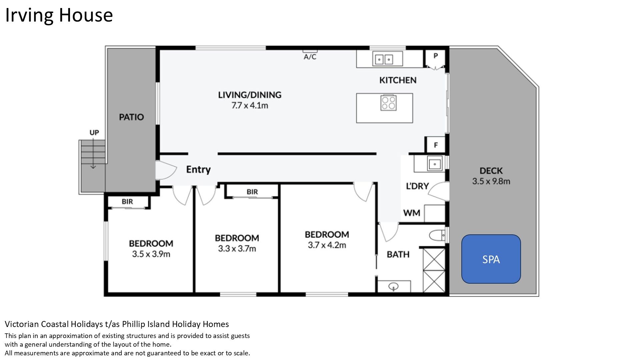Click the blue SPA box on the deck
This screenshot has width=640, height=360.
[491, 259]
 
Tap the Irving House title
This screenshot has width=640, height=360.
[59, 15]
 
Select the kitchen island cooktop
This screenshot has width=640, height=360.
[388, 103]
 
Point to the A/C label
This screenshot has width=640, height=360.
[310, 57]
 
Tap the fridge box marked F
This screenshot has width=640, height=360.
[436, 145]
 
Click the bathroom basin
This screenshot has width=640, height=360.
[394, 286]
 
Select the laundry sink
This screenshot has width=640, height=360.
[435, 164]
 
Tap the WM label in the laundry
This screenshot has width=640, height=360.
[412, 213]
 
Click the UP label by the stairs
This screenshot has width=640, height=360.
[94, 132]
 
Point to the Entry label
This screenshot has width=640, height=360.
[198, 170]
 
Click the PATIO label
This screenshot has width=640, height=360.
[131, 117]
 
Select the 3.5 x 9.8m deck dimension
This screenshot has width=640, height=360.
[491, 181]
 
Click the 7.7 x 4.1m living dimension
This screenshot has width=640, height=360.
[250, 106]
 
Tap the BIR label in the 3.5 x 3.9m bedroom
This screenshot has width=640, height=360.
[127, 202]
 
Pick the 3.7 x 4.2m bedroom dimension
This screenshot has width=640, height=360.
[327, 245]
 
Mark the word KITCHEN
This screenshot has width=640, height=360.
[398, 80]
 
